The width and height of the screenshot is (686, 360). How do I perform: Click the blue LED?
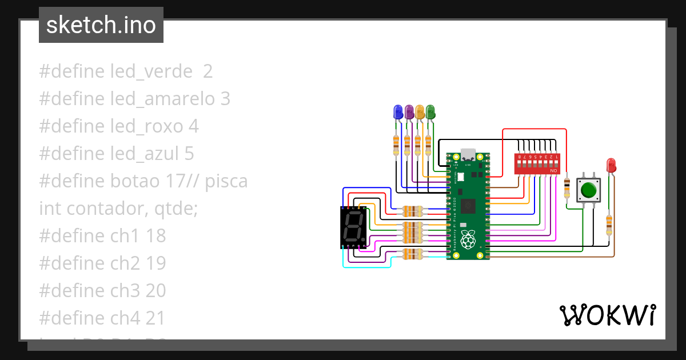[x=398, y=112]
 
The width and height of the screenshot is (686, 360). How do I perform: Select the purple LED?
[x=409, y=112]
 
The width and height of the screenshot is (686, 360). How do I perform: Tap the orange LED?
[x=420, y=112]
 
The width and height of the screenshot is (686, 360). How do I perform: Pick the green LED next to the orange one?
[x=430, y=112]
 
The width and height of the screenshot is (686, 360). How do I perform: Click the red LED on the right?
[x=611, y=166]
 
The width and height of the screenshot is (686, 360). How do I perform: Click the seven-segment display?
[x=354, y=227]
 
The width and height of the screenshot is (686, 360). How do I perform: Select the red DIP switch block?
[x=537, y=163]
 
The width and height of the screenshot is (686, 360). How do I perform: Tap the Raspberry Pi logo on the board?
[x=469, y=240]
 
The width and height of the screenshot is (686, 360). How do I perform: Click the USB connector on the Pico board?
[x=468, y=155]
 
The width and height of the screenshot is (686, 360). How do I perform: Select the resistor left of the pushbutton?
[x=567, y=187]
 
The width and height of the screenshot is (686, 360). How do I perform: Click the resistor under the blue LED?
[x=396, y=145]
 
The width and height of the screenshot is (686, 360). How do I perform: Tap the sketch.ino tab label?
[x=101, y=25]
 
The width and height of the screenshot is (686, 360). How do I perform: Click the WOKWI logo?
[x=607, y=315]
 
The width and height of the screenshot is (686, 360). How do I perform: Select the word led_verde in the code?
[x=151, y=71]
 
